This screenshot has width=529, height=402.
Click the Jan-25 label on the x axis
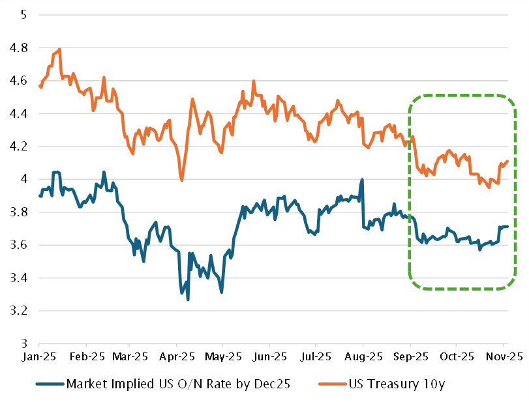(x=38, y=357)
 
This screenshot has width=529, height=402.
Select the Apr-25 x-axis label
(x=177, y=357)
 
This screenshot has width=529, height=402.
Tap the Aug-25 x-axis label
(x=363, y=357)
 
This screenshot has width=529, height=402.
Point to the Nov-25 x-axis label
(x=504, y=357)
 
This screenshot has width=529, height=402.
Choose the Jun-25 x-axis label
(x=269, y=357)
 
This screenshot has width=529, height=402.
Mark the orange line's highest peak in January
(x=59, y=49)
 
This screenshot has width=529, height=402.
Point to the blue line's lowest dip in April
(x=188, y=299)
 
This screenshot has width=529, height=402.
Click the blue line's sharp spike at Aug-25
(x=362, y=179)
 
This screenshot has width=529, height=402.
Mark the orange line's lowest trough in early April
(x=181, y=180)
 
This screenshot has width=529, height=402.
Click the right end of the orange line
(x=507, y=161)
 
